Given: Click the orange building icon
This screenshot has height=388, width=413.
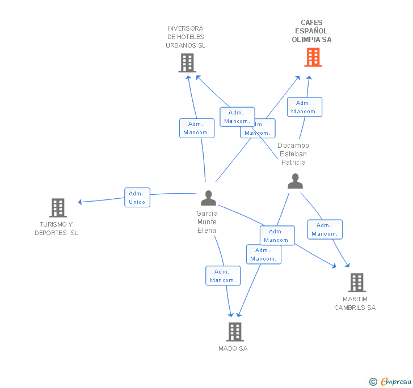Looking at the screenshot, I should point(313,57).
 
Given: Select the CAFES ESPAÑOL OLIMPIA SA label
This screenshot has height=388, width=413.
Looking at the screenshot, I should point(311,31).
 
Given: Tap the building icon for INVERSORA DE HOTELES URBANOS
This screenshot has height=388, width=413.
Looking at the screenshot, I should point(187,63).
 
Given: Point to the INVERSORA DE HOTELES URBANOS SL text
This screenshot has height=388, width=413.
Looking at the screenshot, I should point(186,37).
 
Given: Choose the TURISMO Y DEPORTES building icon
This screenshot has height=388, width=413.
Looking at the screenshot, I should point(57,208).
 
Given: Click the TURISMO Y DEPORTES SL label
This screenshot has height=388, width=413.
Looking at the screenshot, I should point(56,228).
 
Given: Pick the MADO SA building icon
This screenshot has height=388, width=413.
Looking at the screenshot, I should point(234,331).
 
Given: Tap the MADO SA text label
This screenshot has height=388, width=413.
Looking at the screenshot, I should point(233,348).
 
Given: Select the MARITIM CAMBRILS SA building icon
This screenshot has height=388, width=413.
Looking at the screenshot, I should point(356,282).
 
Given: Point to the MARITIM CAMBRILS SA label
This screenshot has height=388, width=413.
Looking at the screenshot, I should point(355,304).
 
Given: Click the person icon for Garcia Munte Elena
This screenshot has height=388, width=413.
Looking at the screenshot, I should point(208,198).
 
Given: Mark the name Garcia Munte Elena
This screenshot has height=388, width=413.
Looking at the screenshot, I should point(207,222).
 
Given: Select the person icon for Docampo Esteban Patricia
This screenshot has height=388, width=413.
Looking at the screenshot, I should point(295,181).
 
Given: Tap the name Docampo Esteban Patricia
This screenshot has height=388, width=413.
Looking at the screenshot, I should point(293,154).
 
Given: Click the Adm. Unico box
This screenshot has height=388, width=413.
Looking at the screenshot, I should point(137,197).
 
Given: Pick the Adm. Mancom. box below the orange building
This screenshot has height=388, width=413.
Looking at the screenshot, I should point(304,107).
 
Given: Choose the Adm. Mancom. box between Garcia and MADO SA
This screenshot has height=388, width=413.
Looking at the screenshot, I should point(223,276).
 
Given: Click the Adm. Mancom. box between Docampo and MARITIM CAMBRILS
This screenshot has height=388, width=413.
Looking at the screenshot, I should point(325,229).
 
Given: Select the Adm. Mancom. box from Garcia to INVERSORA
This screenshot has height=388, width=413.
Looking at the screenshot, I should point(196,128).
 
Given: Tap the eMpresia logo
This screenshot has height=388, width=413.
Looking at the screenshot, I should point(390,381).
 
